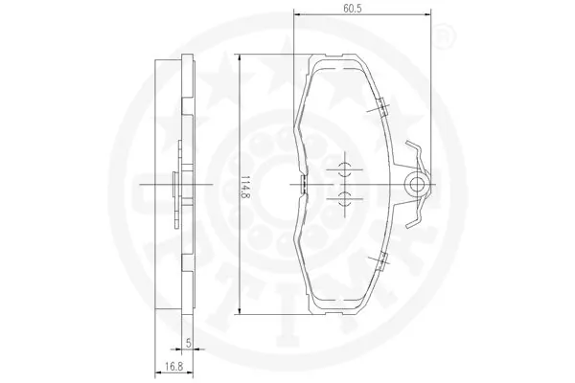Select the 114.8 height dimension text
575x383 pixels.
[x=246, y=186]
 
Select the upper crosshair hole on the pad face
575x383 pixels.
[x=343, y=169]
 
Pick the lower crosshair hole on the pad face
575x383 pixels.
[x=343, y=197]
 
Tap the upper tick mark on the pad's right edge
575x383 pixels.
[x=381, y=107]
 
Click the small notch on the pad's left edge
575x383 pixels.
[x=301, y=184]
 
